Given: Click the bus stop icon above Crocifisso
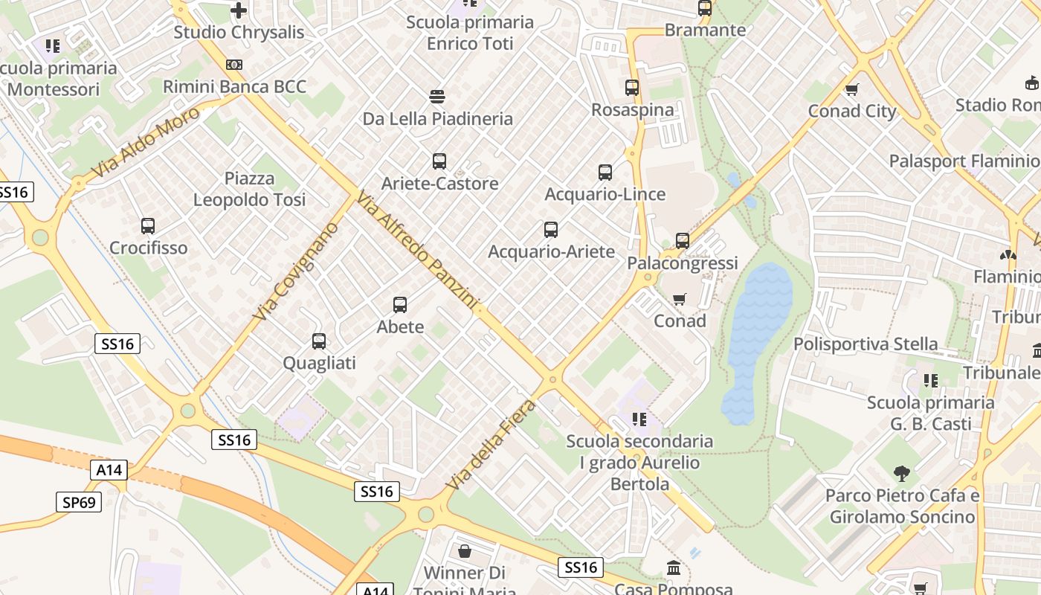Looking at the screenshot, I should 148,225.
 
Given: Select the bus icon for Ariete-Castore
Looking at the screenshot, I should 439,161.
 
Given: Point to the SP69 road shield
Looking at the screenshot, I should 79,502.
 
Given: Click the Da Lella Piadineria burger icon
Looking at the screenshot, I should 437,96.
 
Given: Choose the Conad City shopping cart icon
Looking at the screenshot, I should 852,89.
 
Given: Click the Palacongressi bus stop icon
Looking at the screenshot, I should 683,240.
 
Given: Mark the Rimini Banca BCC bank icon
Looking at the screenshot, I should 234,65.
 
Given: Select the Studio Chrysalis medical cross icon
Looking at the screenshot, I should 239,10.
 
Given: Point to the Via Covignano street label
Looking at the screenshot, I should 294,271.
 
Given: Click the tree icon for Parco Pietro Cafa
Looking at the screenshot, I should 902,473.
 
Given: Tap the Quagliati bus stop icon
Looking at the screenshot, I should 319,341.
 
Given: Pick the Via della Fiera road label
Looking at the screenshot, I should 491,445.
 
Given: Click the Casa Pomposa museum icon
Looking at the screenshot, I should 674,567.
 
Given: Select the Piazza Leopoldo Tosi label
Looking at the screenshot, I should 250,189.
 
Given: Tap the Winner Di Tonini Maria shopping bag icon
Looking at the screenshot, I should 465,551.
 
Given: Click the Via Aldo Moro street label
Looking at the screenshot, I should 146,142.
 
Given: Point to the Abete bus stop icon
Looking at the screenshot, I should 400,304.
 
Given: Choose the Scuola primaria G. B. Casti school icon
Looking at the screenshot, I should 930,381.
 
